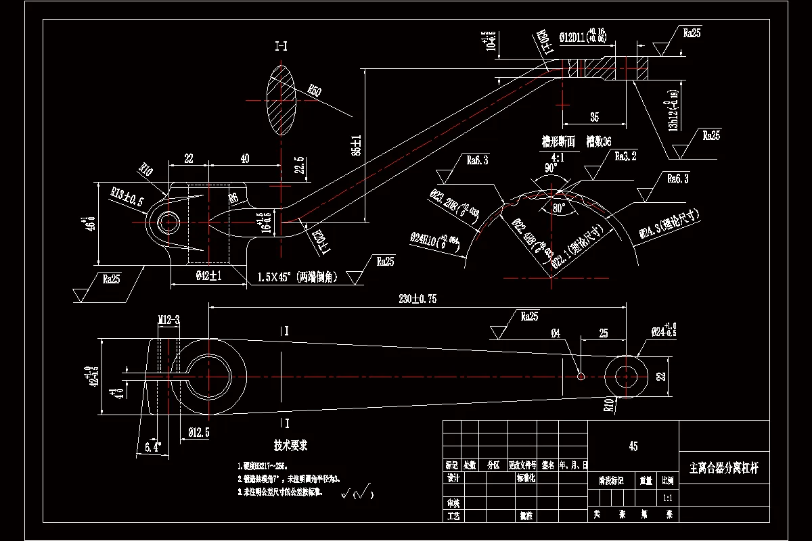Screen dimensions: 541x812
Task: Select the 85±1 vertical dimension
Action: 357,145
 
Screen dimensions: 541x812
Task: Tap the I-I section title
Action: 281,46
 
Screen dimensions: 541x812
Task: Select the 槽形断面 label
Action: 558,142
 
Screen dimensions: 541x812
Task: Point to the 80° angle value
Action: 558,209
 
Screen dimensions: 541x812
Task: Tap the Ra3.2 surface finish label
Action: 625,156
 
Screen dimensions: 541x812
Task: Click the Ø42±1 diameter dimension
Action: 209,276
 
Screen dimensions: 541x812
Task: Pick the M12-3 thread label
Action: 168,320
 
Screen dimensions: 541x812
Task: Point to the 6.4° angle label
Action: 154,446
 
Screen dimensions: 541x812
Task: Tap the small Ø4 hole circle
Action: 581,376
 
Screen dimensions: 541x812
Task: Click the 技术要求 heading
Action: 290,446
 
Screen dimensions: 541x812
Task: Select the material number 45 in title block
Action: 633,446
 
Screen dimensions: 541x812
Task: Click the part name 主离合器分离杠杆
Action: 723,468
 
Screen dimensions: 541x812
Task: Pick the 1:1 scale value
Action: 667,497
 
